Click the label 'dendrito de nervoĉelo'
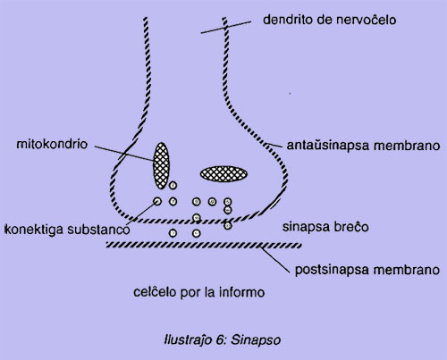[x=330, y=20]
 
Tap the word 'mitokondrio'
[x=52, y=144]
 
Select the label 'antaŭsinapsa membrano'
[x=363, y=146]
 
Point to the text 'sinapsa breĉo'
[x=325, y=227]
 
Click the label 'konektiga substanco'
[x=68, y=230]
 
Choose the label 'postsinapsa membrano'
[x=367, y=270]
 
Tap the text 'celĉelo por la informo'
[x=198, y=292]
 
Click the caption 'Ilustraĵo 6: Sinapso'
[x=223, y=339]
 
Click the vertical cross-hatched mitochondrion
[x=161, y=165]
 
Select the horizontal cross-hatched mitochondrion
[x=223, y=174]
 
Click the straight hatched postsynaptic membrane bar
[x=204, y=245]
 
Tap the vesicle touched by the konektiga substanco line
[x=157, y=202]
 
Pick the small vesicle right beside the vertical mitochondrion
[x=173, y=186]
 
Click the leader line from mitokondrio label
[x=124, y=154]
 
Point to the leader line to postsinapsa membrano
[x=275, y=260]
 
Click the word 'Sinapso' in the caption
[x=256, y=339]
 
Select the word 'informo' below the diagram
[x=241, y=292]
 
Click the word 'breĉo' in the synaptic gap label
[x=352, y=227]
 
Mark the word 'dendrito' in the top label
[x=286, y=20]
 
